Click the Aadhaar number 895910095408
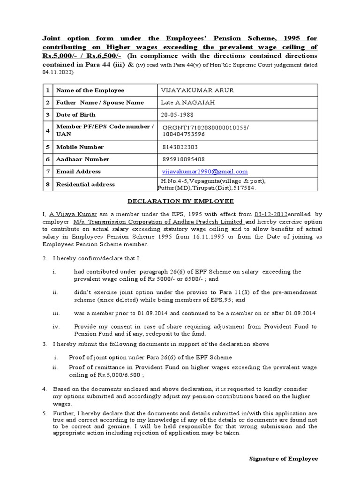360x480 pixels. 182,159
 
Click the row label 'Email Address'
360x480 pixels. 78,172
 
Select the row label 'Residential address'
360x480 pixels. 85,184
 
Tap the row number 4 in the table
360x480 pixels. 47,131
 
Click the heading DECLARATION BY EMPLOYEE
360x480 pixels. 181,201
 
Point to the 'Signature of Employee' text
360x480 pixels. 283,458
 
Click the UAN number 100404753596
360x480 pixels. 184,134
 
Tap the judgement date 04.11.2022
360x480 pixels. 57,73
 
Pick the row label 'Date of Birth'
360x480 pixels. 75,115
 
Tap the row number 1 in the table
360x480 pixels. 47,90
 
